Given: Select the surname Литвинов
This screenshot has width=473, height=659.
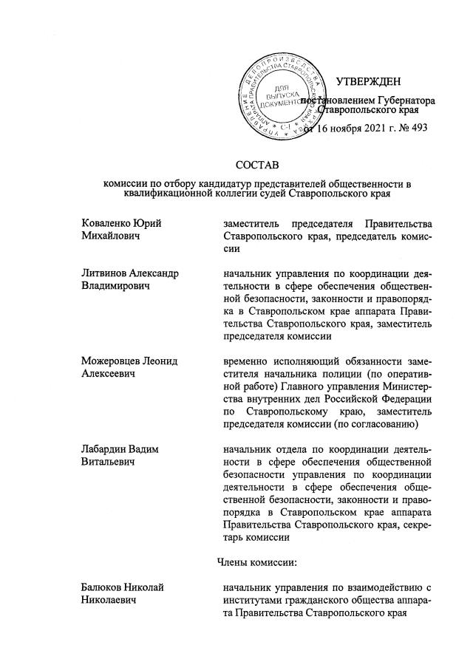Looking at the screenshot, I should tap(106, 273).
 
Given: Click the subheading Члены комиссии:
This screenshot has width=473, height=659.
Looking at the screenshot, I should tap(256, 564).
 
